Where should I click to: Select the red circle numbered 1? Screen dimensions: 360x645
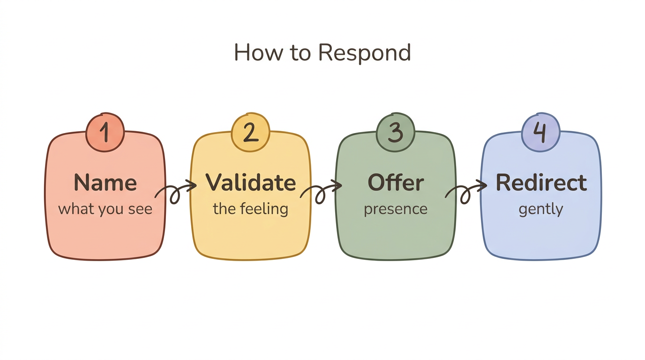(x=105, y=133)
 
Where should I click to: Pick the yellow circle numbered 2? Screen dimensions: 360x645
(x=251, y=133)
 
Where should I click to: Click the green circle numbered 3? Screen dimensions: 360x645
(x=396, y=133)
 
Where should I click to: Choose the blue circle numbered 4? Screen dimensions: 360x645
(x=540, y=133)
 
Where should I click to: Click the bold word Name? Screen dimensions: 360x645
(x=105, y=182)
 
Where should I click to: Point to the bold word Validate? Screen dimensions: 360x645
(x=251, y=182)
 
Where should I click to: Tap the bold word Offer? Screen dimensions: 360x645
(x=396, y=182)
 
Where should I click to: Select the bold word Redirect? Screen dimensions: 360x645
(x=541, y=182)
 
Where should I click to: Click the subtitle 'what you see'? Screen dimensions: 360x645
(x=105, y=209)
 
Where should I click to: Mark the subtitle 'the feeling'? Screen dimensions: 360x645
(x=250, y=209)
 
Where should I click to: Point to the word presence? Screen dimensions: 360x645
(x=396, y=209)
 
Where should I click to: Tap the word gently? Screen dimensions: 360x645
(x=540, y=209)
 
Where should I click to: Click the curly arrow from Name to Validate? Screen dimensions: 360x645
(x=175, y=191)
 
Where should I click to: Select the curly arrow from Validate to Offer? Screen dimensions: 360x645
(x=321, y=191)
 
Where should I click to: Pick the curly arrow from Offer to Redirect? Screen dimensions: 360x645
(x=465, y=191)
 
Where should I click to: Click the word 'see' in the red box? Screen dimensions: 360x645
(x=141, y=209)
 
